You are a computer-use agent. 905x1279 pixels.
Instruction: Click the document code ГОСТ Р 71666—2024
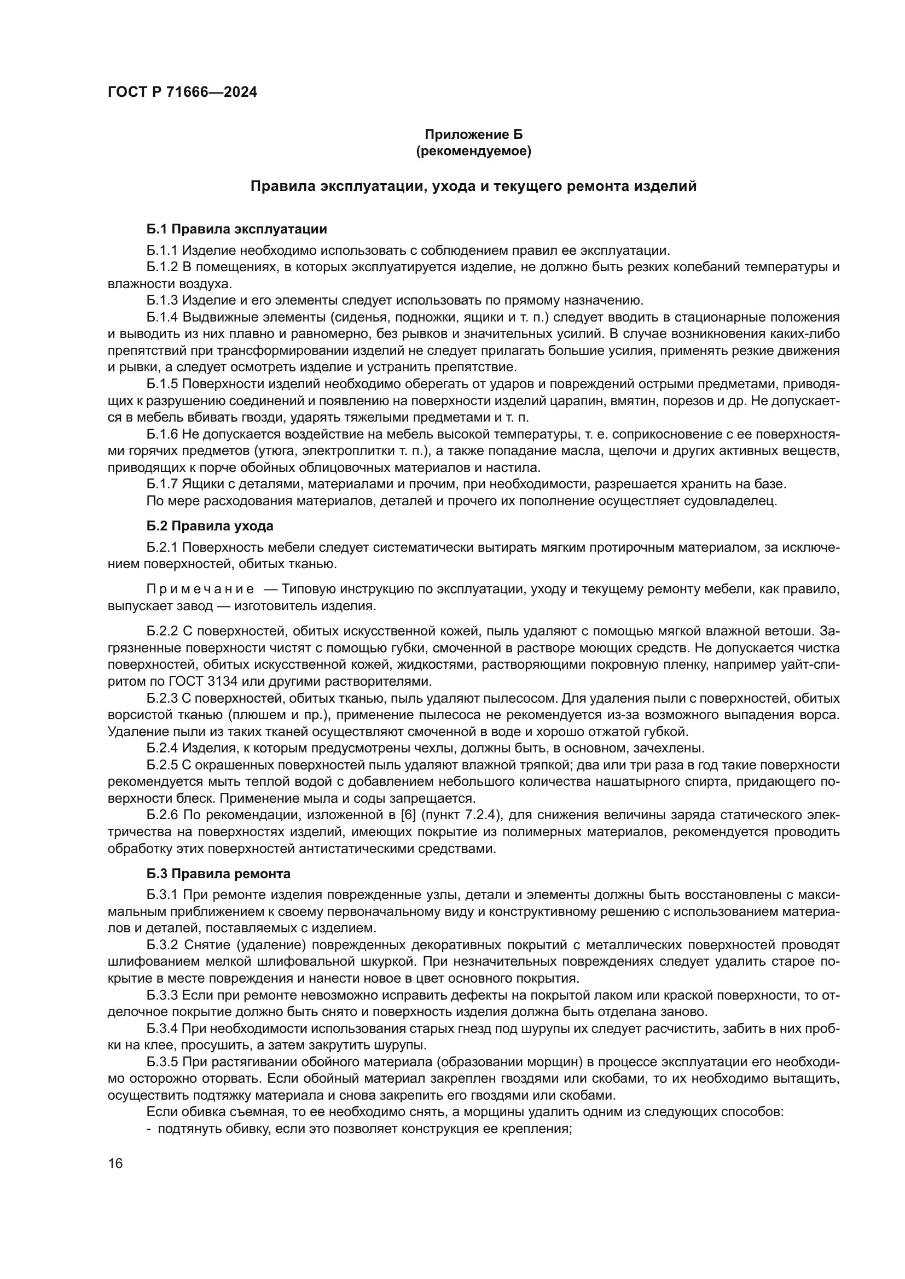(x=182, y=92)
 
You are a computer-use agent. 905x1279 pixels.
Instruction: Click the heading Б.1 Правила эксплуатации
(x=237, y=229)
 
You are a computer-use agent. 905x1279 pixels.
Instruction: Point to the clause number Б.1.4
(x=162, y=318)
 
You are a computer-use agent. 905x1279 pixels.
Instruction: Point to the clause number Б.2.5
(x=162, y=766)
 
